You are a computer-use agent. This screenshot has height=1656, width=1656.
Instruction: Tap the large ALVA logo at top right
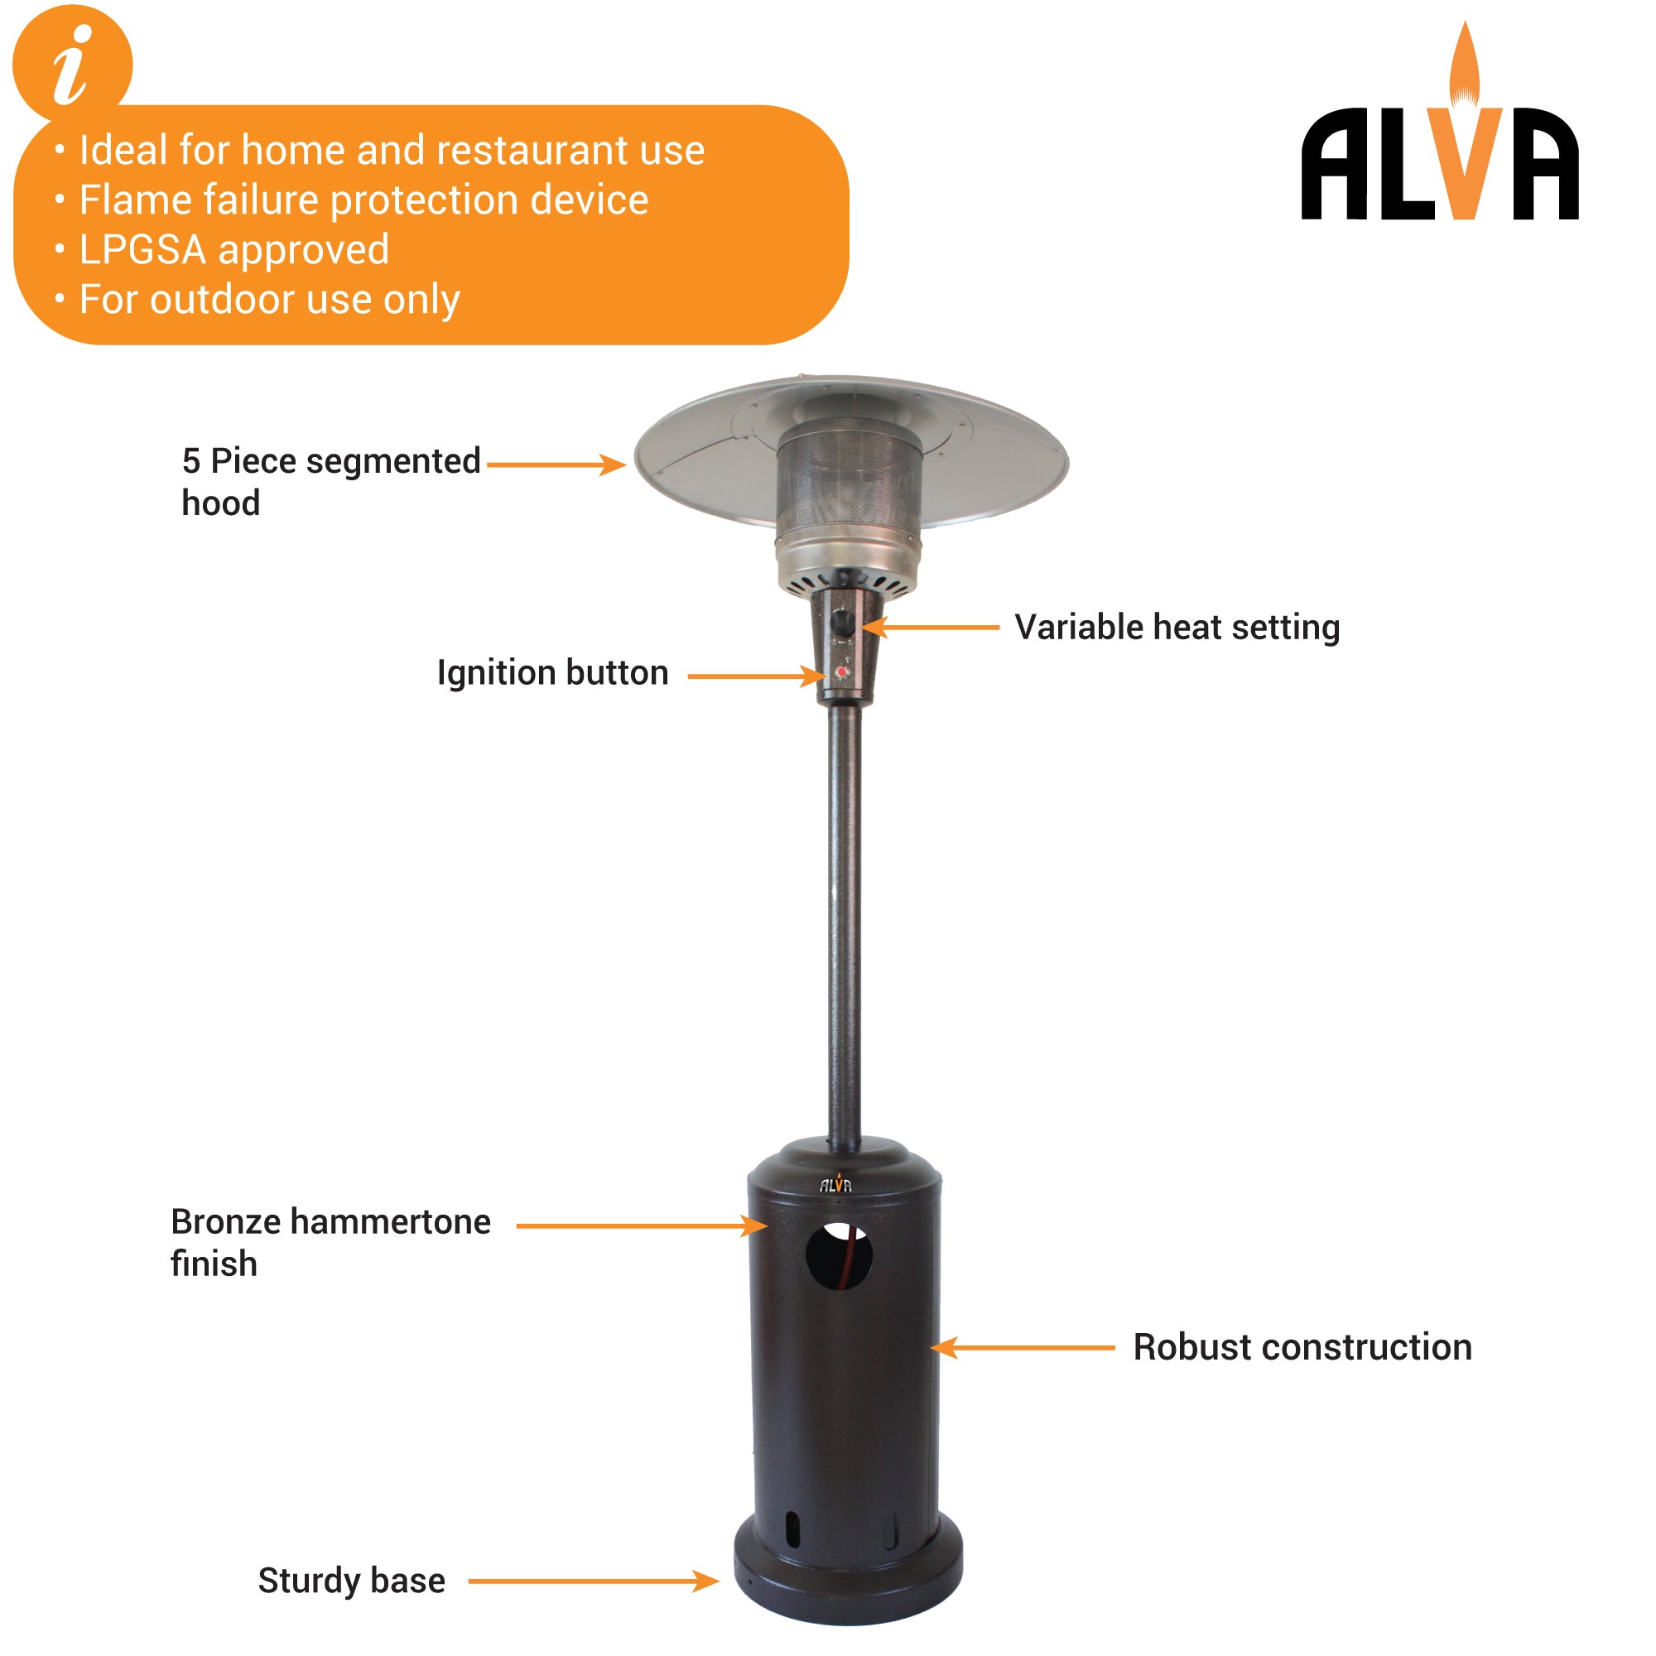(x=1439, y=163)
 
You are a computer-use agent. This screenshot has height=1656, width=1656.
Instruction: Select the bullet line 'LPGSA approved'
(x=233, y=250)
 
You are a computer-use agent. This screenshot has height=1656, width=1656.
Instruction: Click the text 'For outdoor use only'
(x=269, y=300)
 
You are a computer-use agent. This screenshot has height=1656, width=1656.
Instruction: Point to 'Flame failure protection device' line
(x=363, y=200)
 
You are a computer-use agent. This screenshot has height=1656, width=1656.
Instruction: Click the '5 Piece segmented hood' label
(x=330, y=481)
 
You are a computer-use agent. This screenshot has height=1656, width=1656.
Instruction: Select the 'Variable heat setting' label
(x=1176, y=628)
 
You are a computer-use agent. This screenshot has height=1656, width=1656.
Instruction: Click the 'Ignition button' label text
(x=553, y=673)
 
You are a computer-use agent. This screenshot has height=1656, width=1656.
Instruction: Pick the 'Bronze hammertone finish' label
(x=330, y=1242)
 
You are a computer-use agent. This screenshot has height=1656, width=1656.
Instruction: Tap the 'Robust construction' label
(x=1302, y=1347)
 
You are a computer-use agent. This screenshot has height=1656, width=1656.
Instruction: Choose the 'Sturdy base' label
(x=351, y=1581)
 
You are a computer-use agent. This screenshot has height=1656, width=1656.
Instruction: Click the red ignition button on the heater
(x=843, y=673)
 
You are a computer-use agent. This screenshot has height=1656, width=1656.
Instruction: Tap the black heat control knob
(x=843, y=623)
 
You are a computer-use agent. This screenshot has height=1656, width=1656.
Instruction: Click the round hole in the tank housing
(x=839, y=1257)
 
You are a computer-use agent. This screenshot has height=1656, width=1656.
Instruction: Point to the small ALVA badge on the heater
(x=835, y=1185)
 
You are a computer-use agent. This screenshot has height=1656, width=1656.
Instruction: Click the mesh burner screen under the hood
(x=849, y=480)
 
